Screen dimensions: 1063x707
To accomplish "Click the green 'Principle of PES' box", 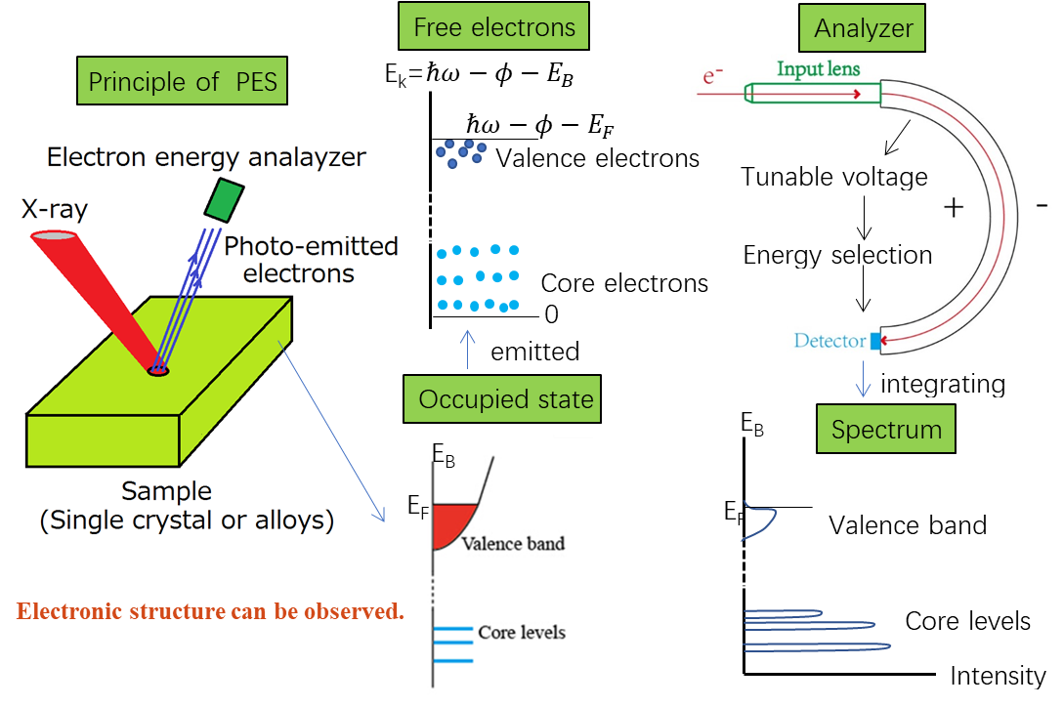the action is point(182,81).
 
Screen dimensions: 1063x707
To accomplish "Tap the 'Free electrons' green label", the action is point(493,26).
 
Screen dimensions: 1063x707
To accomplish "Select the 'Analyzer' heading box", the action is point(862,27).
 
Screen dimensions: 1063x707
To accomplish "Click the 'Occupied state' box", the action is point(501,398).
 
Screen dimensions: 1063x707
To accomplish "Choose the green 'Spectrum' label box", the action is point(886,429).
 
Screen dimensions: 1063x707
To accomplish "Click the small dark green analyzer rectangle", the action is point(225,200).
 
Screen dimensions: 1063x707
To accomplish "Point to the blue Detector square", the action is point(875,341).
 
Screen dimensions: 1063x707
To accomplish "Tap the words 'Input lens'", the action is point(819,69).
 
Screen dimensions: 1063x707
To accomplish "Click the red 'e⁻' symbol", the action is point(712,75).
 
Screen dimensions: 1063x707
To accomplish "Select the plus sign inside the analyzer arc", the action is point(954,207).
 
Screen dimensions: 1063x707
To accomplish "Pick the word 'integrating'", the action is point(942,385).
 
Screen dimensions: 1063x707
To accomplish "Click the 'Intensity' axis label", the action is point(998,675).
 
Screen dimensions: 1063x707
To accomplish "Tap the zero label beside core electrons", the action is point(551,314).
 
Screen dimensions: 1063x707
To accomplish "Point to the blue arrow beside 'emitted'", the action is point(467,350).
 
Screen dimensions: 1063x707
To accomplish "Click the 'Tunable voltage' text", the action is point(833,176).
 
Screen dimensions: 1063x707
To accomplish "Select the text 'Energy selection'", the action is point(837,256).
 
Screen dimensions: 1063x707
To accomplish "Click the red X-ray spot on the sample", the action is point(158,370).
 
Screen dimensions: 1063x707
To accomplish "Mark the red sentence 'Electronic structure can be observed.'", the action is point(210,611).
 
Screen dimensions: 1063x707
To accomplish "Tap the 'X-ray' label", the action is point(55,209).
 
